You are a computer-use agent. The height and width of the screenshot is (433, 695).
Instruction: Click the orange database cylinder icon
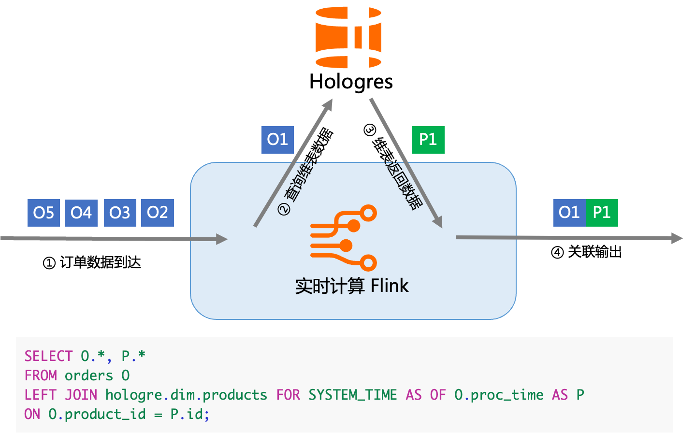coord(348,37)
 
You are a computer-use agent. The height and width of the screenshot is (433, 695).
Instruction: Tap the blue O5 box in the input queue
coord(43,213)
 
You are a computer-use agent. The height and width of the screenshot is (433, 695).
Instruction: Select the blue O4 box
coord(81,213)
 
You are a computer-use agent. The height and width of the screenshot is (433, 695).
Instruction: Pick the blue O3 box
coord(120,213)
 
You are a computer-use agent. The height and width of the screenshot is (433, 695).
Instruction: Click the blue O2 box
coord(157,213)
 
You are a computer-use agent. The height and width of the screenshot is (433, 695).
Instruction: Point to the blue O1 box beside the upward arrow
coord(277,140)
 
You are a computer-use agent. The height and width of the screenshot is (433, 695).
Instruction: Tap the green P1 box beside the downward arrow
coord(428,140)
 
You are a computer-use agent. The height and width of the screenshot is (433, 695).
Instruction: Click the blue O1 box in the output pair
coord(569,213)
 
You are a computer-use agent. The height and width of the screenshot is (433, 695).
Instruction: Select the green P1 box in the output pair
coord(602,213)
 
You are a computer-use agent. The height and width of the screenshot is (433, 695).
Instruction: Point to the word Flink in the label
coord(390,286)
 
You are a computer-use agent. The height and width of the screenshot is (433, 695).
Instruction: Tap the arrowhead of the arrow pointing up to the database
coord(329,104)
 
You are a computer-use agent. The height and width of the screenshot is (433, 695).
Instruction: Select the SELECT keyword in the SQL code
coord(48,356)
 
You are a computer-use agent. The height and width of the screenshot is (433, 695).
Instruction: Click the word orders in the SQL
coord(89,375)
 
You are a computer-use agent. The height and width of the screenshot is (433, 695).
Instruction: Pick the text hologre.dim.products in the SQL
coord(186,395)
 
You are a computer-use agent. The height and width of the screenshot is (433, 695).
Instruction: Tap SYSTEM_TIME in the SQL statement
coord(352,395)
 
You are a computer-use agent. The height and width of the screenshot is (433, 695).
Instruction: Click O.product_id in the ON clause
coord(97,414)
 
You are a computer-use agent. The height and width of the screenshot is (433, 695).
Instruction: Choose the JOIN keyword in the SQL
coord(81,395)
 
